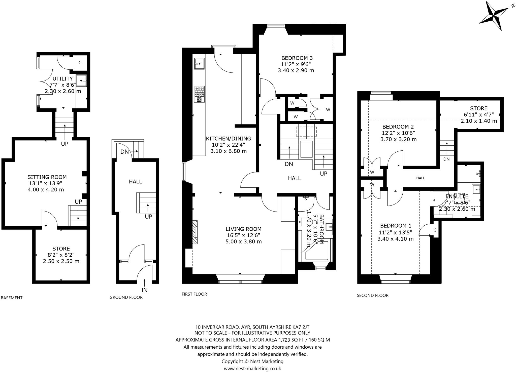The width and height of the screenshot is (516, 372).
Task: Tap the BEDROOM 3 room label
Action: click(297, 58)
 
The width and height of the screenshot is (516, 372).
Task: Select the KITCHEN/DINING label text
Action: click(228, 139)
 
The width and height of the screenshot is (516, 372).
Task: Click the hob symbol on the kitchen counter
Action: click(199, 94)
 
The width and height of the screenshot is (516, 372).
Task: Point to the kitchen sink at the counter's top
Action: click(199, 63)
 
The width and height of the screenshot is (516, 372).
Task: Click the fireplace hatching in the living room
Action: click(195, 232)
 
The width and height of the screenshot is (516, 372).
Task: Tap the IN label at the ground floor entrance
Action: click(144, 290)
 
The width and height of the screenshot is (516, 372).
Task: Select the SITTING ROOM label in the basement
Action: click(47, 177)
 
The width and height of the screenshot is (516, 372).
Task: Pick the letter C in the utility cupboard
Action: click(80, 63)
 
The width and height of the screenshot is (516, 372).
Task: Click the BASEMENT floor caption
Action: click(12, 298)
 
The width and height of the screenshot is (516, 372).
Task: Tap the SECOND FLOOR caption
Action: click(372, 295)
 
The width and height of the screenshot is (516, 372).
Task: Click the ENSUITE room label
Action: click(457, 196)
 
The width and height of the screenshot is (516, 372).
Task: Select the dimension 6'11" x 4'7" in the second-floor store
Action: click(478, 115)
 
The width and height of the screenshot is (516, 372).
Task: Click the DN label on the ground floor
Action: click(124, 152)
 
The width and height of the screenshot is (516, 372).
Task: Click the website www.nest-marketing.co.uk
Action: click(252, 368)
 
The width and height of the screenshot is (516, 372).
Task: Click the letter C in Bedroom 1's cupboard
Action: click(435, 230)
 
